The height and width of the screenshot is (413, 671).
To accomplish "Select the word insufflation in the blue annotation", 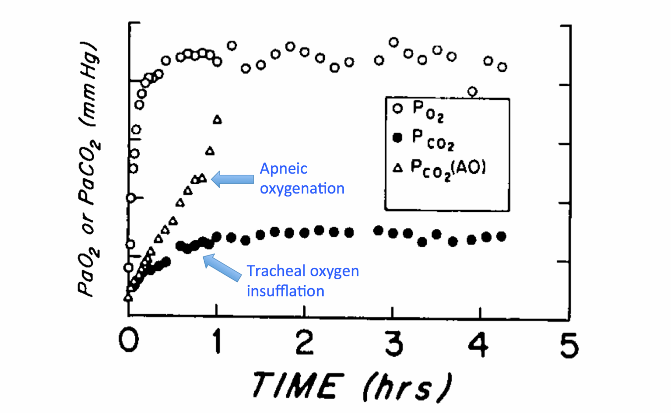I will (x=286, y=290).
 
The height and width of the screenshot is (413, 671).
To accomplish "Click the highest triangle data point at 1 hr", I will (x=217, y=119).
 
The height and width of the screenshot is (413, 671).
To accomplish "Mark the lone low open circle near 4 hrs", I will (x=472, y=91).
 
